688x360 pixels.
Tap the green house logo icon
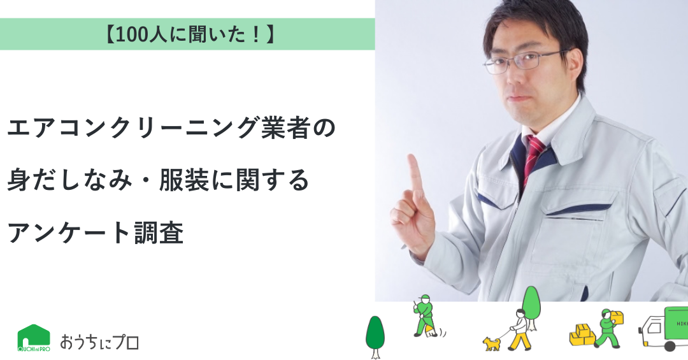coord(34,338)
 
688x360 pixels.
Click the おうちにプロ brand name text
coord(99,341)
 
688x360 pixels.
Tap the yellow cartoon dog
coord(492,343)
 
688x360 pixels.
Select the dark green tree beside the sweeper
coord(375,336)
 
